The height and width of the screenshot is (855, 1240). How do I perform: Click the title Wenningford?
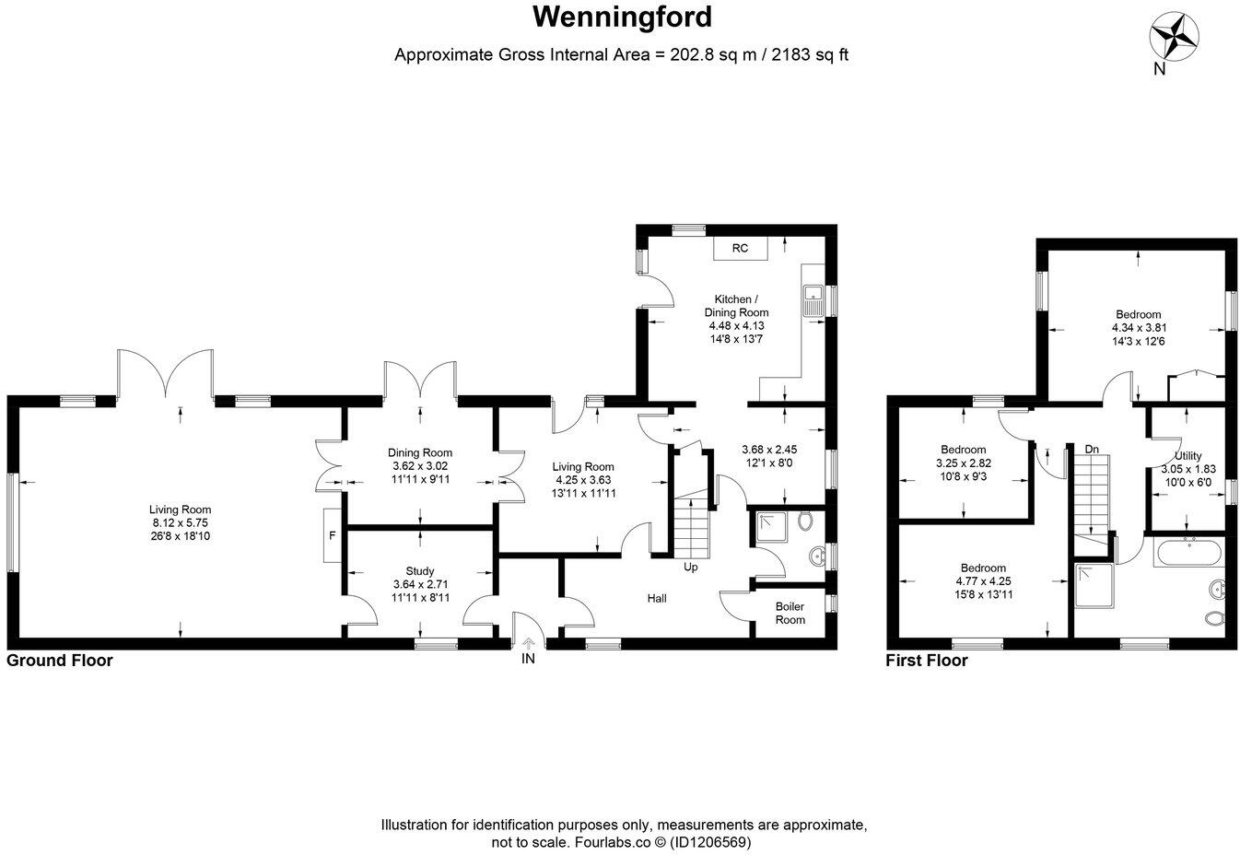click(x=623, y=17)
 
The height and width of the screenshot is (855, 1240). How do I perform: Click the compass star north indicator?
click(x=1173, y=36)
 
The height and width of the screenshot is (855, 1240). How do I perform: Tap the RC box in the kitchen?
click(x=740, y=249)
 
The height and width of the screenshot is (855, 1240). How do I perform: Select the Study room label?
click(x=419, y=571)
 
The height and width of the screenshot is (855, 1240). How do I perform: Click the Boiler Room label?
click(x=790, y=613)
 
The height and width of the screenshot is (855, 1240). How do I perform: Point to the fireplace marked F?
click(x=332, y=534)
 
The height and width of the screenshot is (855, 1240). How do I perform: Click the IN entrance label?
click(x=528, y=659)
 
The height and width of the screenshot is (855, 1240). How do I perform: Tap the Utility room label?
click(x=1187, y=456)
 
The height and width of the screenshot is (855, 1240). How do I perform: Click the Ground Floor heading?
click(x=60, y=661)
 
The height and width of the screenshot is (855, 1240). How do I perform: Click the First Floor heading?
click(x=927, y=661)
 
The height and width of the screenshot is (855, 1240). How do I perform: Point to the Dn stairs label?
click(x=1092, y=449)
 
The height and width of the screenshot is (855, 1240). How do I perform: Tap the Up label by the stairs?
click(x=690, y=567)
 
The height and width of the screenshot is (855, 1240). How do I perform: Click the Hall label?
click(x=657, y=599)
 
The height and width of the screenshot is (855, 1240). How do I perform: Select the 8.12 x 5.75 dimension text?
click(x=181, y=522)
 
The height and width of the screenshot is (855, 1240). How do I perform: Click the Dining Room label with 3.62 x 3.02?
click(x=419, y=452)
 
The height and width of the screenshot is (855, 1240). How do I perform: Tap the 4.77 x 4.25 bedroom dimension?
click(x=983, y=581)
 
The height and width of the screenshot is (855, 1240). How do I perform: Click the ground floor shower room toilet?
click(x=807, y=521)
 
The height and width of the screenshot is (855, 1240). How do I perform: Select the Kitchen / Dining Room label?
click(x=736, y=306)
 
